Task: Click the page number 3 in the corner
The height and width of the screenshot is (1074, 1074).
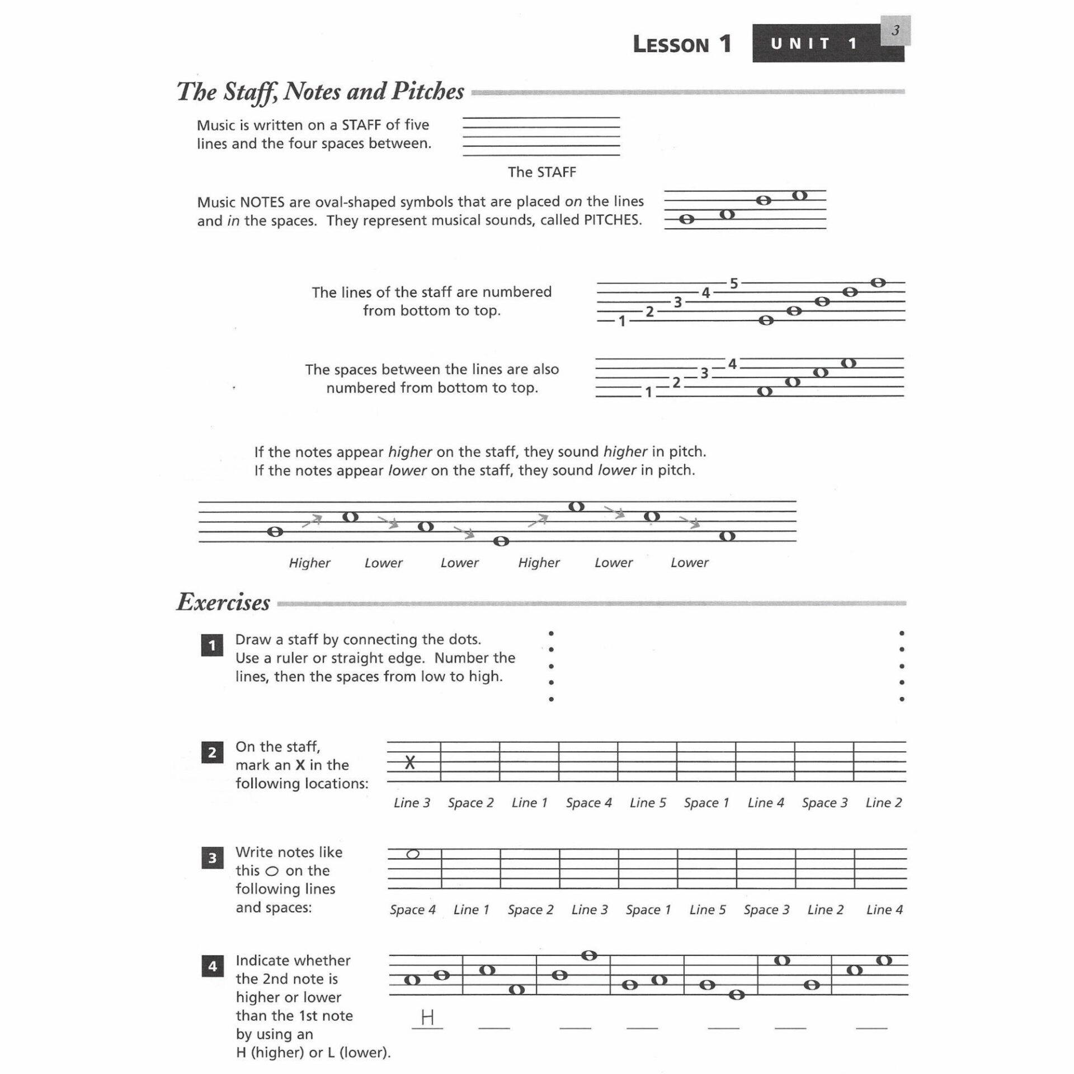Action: click(x=895, y=31)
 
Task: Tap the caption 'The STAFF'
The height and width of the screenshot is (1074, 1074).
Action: click(x=541, y=172)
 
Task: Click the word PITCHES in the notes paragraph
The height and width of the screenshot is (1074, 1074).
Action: click(x=612, y=220)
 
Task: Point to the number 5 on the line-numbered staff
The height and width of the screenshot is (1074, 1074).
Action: click(x=734, y=284)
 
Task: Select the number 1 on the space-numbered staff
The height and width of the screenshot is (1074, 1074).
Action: click(x=648, y=393)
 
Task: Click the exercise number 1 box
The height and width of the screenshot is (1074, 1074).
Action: click(x=212, y=646)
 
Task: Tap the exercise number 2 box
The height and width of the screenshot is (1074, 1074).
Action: click(x=212, y=752)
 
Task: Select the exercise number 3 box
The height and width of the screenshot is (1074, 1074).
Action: click(x=212, y=858)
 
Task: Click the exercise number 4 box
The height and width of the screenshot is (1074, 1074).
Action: click(x=212, y=966)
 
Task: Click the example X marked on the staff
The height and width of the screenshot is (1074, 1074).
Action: click(x=410, y=762)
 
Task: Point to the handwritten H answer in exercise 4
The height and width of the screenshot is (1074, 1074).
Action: click(x=427, y=1016)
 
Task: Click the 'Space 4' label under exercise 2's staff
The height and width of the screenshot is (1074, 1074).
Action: click(x=588, y=803)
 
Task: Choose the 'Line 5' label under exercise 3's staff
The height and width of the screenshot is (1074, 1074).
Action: click(x=707, y=910)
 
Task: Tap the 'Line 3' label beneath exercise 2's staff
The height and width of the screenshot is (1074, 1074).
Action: click(x=412, y=803)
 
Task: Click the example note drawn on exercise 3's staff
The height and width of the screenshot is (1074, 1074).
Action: click(x=413, y=854)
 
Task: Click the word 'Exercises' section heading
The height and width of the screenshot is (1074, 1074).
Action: click(x=223, y=602)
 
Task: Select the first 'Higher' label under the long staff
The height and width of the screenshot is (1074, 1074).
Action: click(x=309, y=563)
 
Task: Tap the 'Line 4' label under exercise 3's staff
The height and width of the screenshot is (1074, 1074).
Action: click(x=884, y=910)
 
